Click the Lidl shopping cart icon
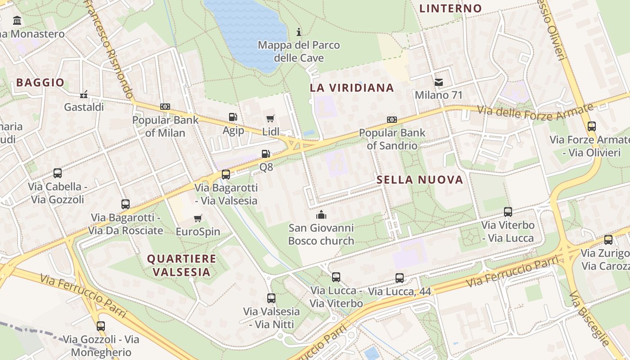pos(270,119)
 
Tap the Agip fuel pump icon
pos(233,117)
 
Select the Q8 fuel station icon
pos(266,154)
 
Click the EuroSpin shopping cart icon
pos(198,219)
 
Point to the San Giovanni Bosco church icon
pos(321,215)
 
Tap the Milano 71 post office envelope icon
pos(438,82)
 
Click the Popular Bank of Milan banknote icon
pos(165,107)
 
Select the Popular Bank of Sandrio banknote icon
pos(392,120)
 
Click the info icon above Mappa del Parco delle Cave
pos(298,32)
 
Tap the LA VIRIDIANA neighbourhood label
pos(352,88)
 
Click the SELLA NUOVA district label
pos(420,180)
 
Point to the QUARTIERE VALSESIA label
pos(182,265)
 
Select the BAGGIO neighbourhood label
pos(40,83)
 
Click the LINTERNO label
pos(450,9)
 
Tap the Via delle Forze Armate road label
pos(535,111)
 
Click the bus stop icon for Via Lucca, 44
pos(400,278)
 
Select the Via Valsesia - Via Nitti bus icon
pos(271,298)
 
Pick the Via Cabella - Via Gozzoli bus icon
pos(58,173)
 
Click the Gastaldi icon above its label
pos(84,94)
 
